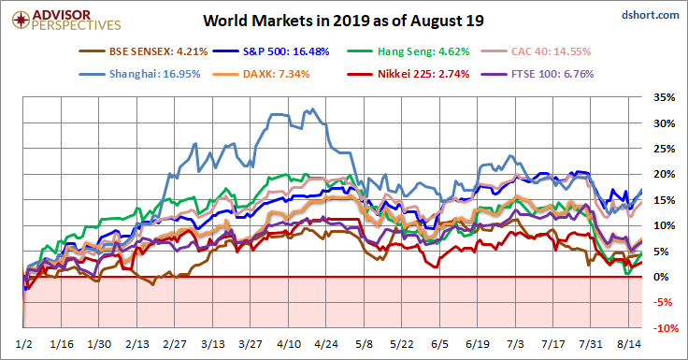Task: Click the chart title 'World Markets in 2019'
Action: (x=344, y=22)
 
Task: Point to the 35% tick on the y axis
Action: (x=665, y=97)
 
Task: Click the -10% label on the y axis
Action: (x=665, y=328)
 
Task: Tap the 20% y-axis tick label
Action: (x=665, y=174)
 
